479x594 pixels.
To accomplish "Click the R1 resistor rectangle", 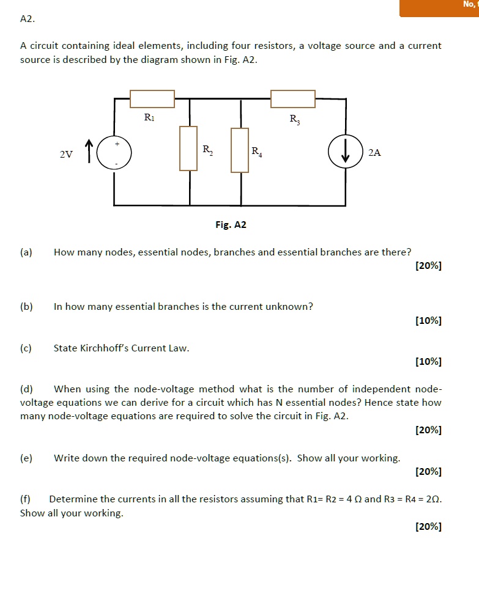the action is point(152,98).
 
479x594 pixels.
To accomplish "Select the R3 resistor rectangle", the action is point(293,98).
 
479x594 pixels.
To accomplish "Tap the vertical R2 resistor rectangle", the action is point(188,148).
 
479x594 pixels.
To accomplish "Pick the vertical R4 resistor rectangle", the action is point(240,150).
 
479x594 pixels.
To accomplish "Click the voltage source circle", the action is point(114,153).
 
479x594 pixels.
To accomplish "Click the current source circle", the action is point(345,153).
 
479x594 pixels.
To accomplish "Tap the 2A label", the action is point(374,153).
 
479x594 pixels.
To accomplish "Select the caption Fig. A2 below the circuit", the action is point(231,225).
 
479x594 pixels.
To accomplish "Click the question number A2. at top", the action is point(28,19).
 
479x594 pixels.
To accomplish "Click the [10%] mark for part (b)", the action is point(428,320).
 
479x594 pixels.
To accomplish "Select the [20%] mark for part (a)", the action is point(428,265).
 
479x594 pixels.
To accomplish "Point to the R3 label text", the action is point(295,119).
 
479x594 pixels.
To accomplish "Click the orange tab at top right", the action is point(439,8).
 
